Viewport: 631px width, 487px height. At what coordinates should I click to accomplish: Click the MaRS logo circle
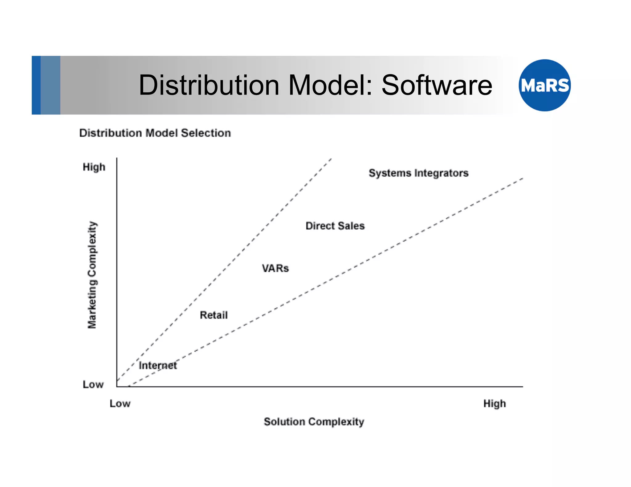coord(544,85)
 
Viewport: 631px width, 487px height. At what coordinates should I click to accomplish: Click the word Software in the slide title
coord(437,85)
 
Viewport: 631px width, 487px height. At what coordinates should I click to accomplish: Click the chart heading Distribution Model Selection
coord(155,133)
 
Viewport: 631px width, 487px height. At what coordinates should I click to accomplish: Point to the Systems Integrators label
coord(418,173)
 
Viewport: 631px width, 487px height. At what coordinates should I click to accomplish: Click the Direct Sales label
coord(335,226)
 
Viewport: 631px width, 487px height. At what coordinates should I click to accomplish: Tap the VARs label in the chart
coord(275,268)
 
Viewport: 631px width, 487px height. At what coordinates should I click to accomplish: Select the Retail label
coord(214,315)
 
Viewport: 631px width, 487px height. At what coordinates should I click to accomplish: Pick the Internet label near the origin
coord(158,365)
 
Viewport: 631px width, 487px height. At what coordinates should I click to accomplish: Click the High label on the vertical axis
coord(94,167)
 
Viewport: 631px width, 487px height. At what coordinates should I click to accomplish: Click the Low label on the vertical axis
coord(93,384)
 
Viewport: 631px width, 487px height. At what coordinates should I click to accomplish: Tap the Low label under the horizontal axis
coord(120,404)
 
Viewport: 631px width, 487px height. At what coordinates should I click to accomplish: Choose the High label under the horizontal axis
coord(495,404)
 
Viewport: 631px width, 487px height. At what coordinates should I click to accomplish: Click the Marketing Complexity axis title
coord(92,275)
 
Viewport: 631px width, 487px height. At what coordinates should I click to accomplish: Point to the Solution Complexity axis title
coord(314,422)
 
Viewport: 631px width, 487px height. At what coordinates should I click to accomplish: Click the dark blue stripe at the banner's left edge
coord(36,85)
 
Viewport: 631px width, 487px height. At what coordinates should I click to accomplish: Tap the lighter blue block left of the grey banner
coord(50,85)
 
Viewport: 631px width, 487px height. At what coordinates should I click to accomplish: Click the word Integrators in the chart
coord(441,173)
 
